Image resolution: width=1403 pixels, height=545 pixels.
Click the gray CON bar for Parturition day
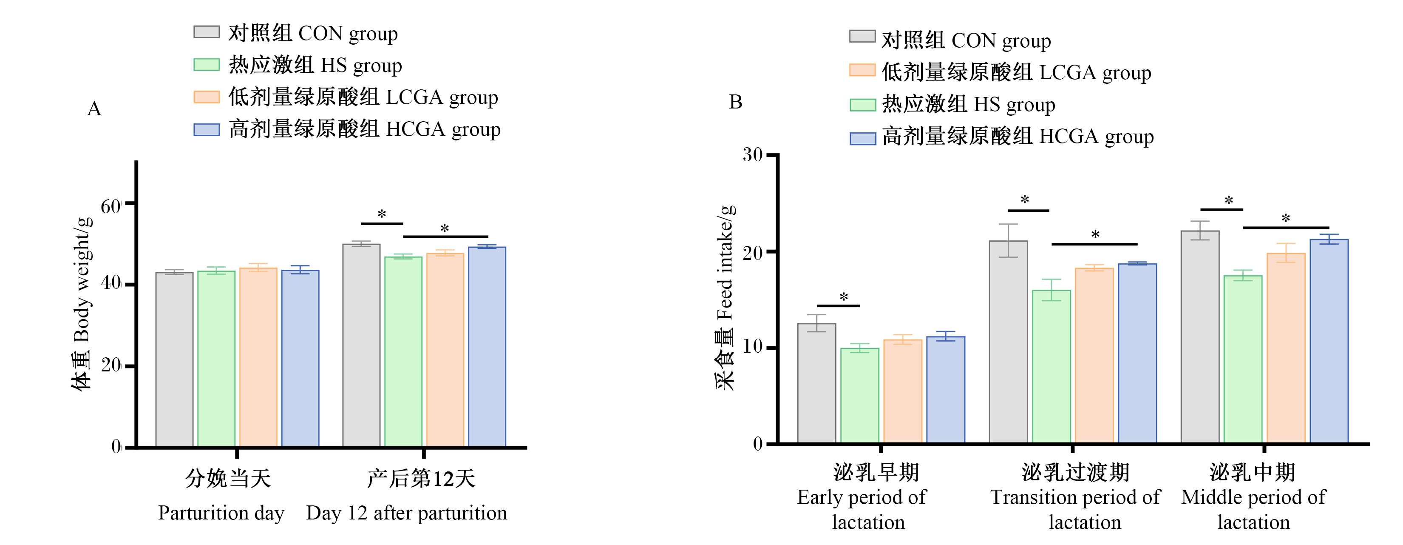point(174,360)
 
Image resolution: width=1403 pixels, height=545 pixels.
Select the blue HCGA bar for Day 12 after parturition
point(487,347)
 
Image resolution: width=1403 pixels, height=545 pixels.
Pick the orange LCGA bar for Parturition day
point(258,357)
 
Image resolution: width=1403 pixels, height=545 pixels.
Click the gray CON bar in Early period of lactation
point(816,384)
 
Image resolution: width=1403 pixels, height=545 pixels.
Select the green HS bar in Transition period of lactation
point(1051,367)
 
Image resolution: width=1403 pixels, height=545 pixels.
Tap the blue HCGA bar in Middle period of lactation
point(1329,341)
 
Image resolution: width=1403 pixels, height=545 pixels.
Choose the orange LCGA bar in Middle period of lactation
point(1286,348)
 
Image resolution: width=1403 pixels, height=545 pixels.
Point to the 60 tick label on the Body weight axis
point(111,206)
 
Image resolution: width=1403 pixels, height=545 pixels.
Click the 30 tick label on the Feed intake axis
point(753,155)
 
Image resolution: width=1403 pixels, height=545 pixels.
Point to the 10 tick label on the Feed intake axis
point(753,347)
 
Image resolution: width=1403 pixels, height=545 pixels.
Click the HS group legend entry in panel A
point(298,65)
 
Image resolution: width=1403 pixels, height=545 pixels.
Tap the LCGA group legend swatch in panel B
point(862,70)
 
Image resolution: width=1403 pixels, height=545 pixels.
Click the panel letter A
point(94,109)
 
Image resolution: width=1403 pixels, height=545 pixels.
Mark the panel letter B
point(735,102)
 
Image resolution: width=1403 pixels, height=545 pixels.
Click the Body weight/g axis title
point(82,304)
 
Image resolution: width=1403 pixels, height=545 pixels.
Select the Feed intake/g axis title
point(725,297)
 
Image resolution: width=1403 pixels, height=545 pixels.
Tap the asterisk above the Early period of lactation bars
point(844,297)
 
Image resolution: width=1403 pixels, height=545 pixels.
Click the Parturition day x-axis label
point(221,513)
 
